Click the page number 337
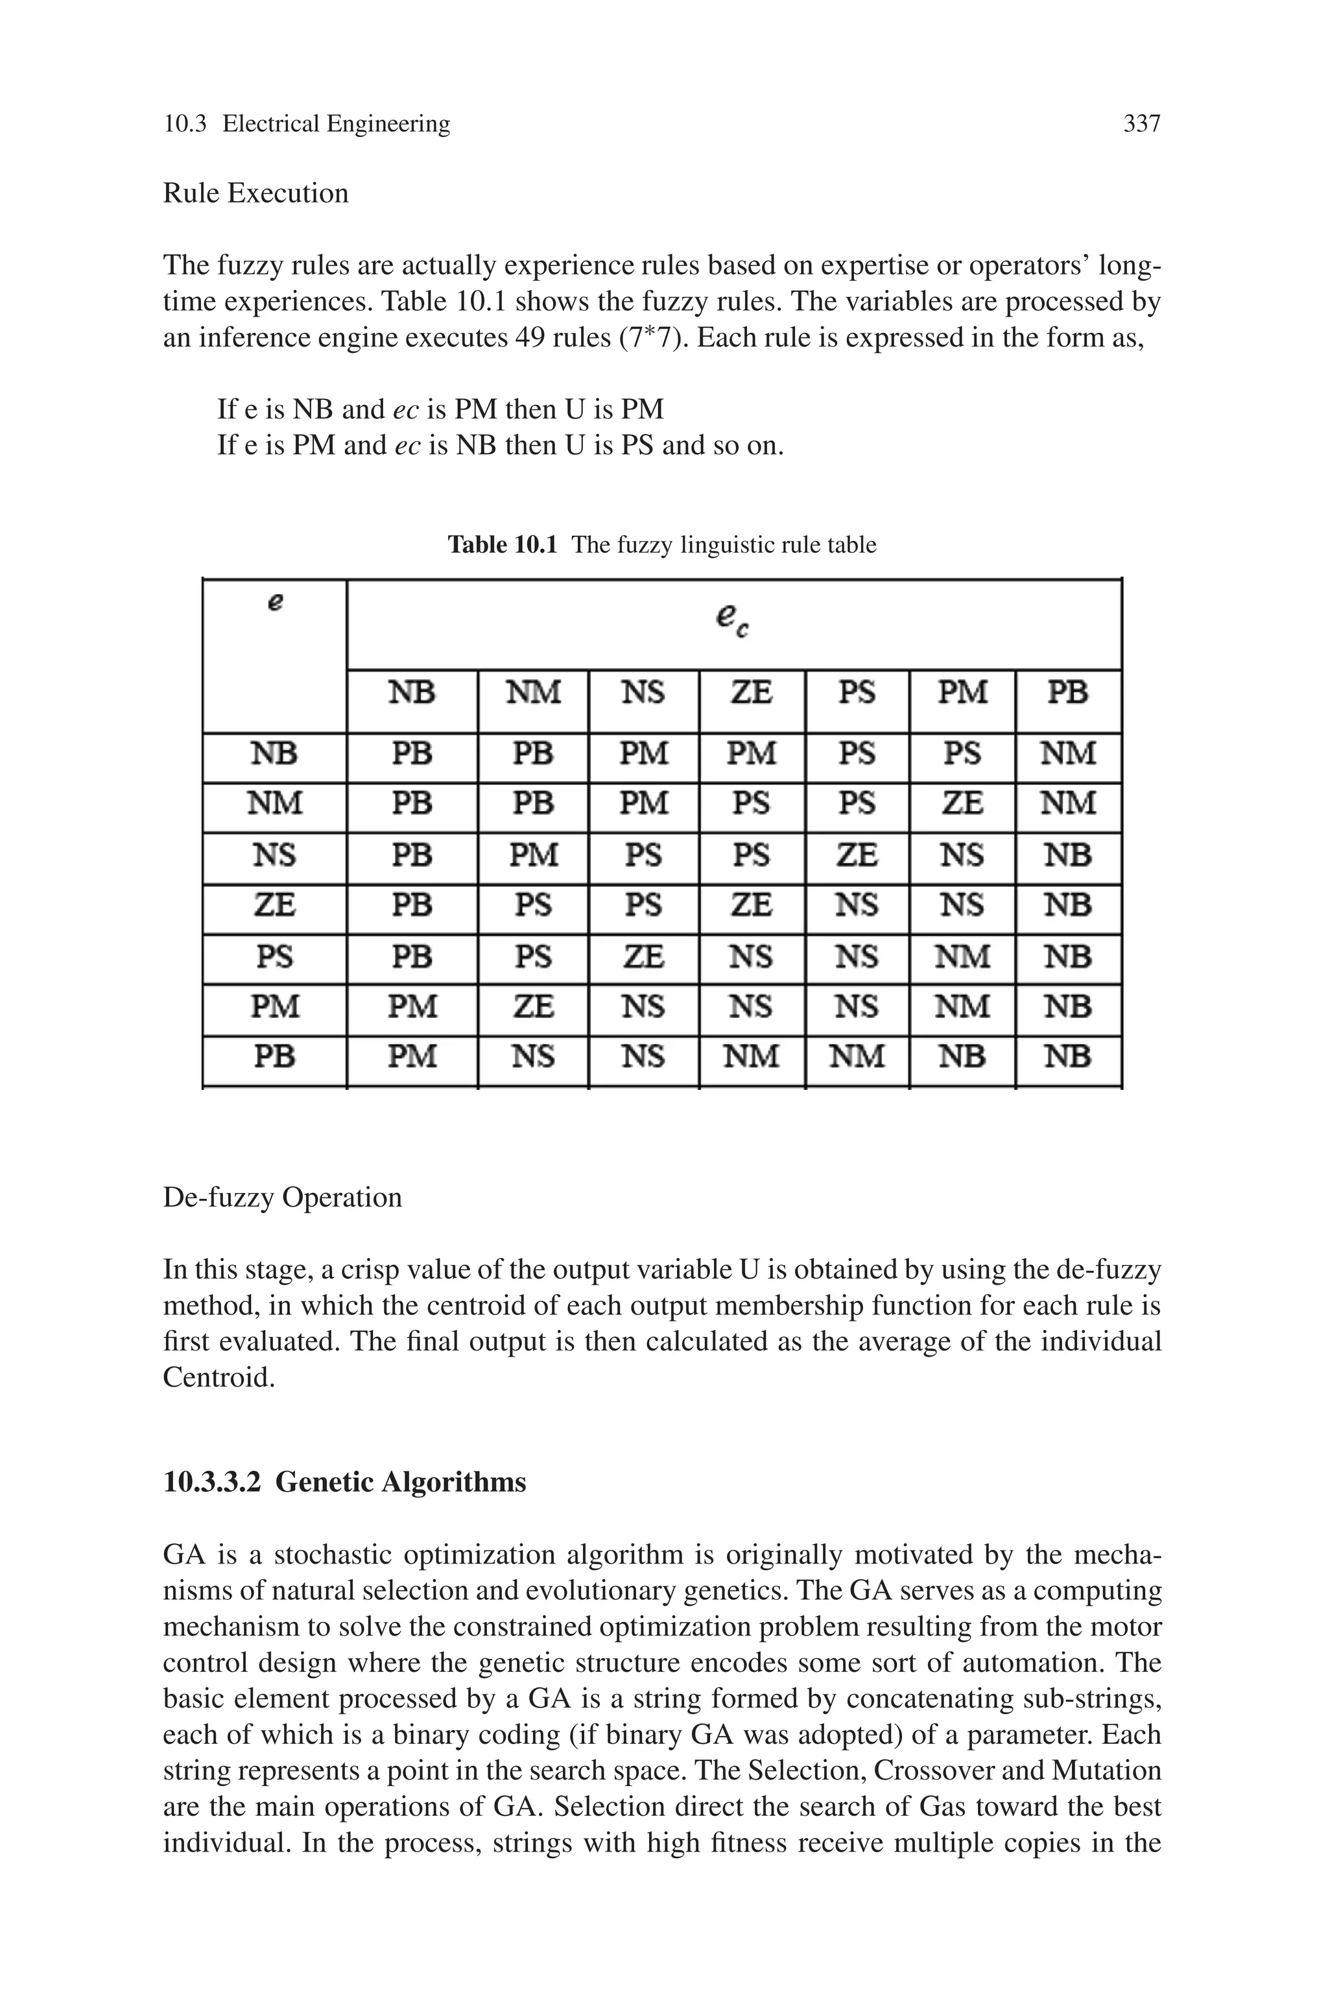tap(1141, 125)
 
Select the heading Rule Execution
tap(255, 193)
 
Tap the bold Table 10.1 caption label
tap(503, 545)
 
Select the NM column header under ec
tap(533, 693)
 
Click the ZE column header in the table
tap(752, 693)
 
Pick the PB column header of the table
tap(1067, 693)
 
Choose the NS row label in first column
tap(274, 854)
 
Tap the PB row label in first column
tap(274, 1056)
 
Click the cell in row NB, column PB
tap(1067, 753)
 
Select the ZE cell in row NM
tap(962, 803)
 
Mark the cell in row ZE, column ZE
tap(752, 906)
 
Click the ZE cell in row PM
tap(533, 1006)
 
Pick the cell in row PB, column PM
tap(962, 1056)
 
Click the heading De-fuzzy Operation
tap(282, 1198)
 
